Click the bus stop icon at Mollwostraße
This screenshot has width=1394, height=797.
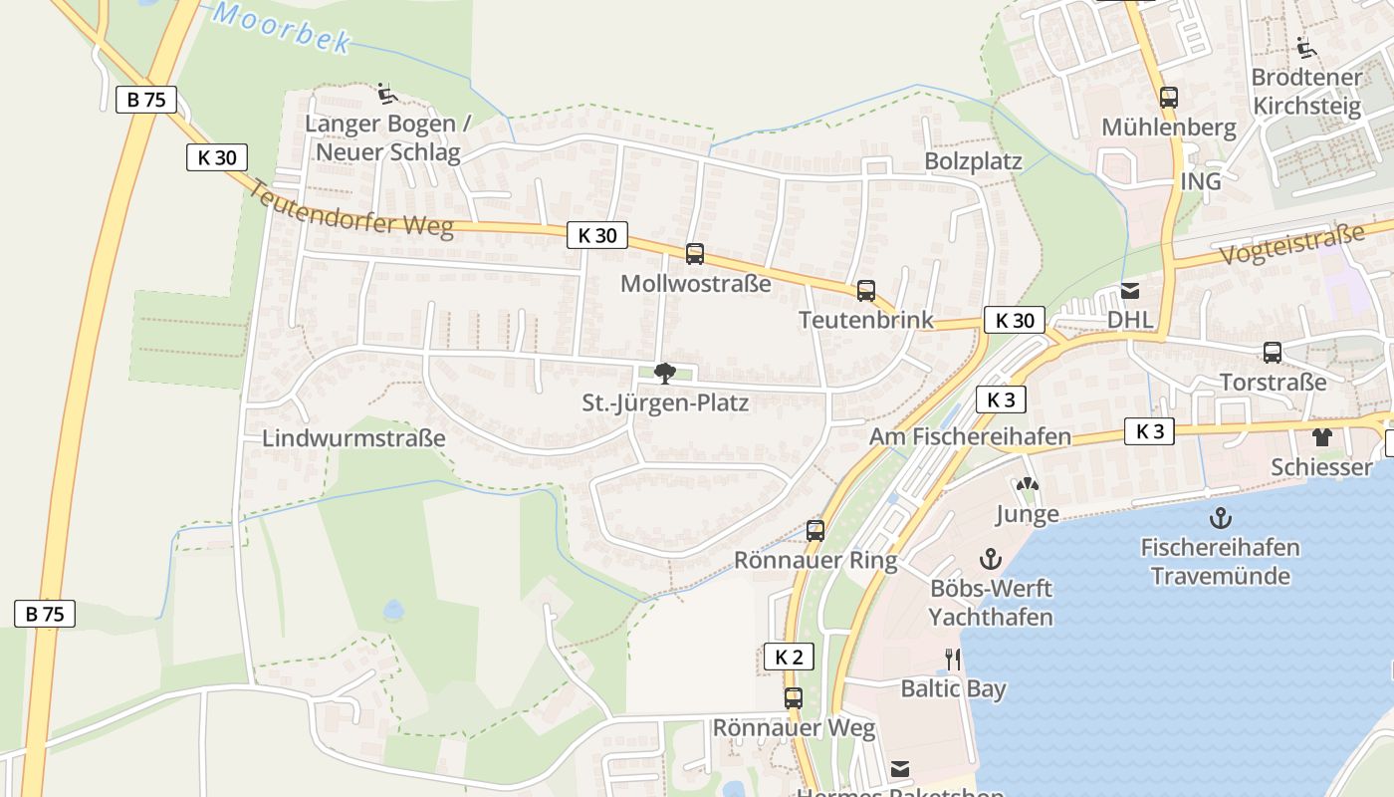pyautogui.click(x=695, y=254)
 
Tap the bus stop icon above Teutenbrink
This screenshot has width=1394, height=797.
pyautogui.click(x=866, y=291)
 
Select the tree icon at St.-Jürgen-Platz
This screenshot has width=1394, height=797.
pyautogui.click(x=665, y=374)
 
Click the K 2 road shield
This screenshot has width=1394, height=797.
pyautogui.click(x=789, y=657)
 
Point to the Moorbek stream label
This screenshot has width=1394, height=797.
pyautogui.click(x=283, y=27)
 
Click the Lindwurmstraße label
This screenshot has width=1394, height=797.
pyautogui.click(x=353, y=438)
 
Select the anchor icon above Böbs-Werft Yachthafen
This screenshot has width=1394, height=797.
pyautogui.click(x=990, y=558)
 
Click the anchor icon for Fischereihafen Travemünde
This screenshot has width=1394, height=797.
pyautogui.click(x=1220, y=518)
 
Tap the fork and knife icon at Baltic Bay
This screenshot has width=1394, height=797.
pyautogui.click(x=953, y=659)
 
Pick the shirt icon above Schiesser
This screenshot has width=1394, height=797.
pyautogui.click(x=1321, y=436)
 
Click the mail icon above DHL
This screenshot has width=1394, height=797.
pyautogui.click(x=1130, y=291)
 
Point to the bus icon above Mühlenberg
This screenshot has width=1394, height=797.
pyautogui.click(x=1169, y=98)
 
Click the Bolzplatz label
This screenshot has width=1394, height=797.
pyautogui.click(x=973, y=161)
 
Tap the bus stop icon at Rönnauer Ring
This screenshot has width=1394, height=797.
pyautogui.click(x=815, y=531)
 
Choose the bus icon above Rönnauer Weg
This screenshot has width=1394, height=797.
pyautogui.click(x=793, y=698)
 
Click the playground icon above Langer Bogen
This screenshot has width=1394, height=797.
pyautogui.click(x=387, y=95)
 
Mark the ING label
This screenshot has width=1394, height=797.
pyautogui.click(x=1200, y=181)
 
